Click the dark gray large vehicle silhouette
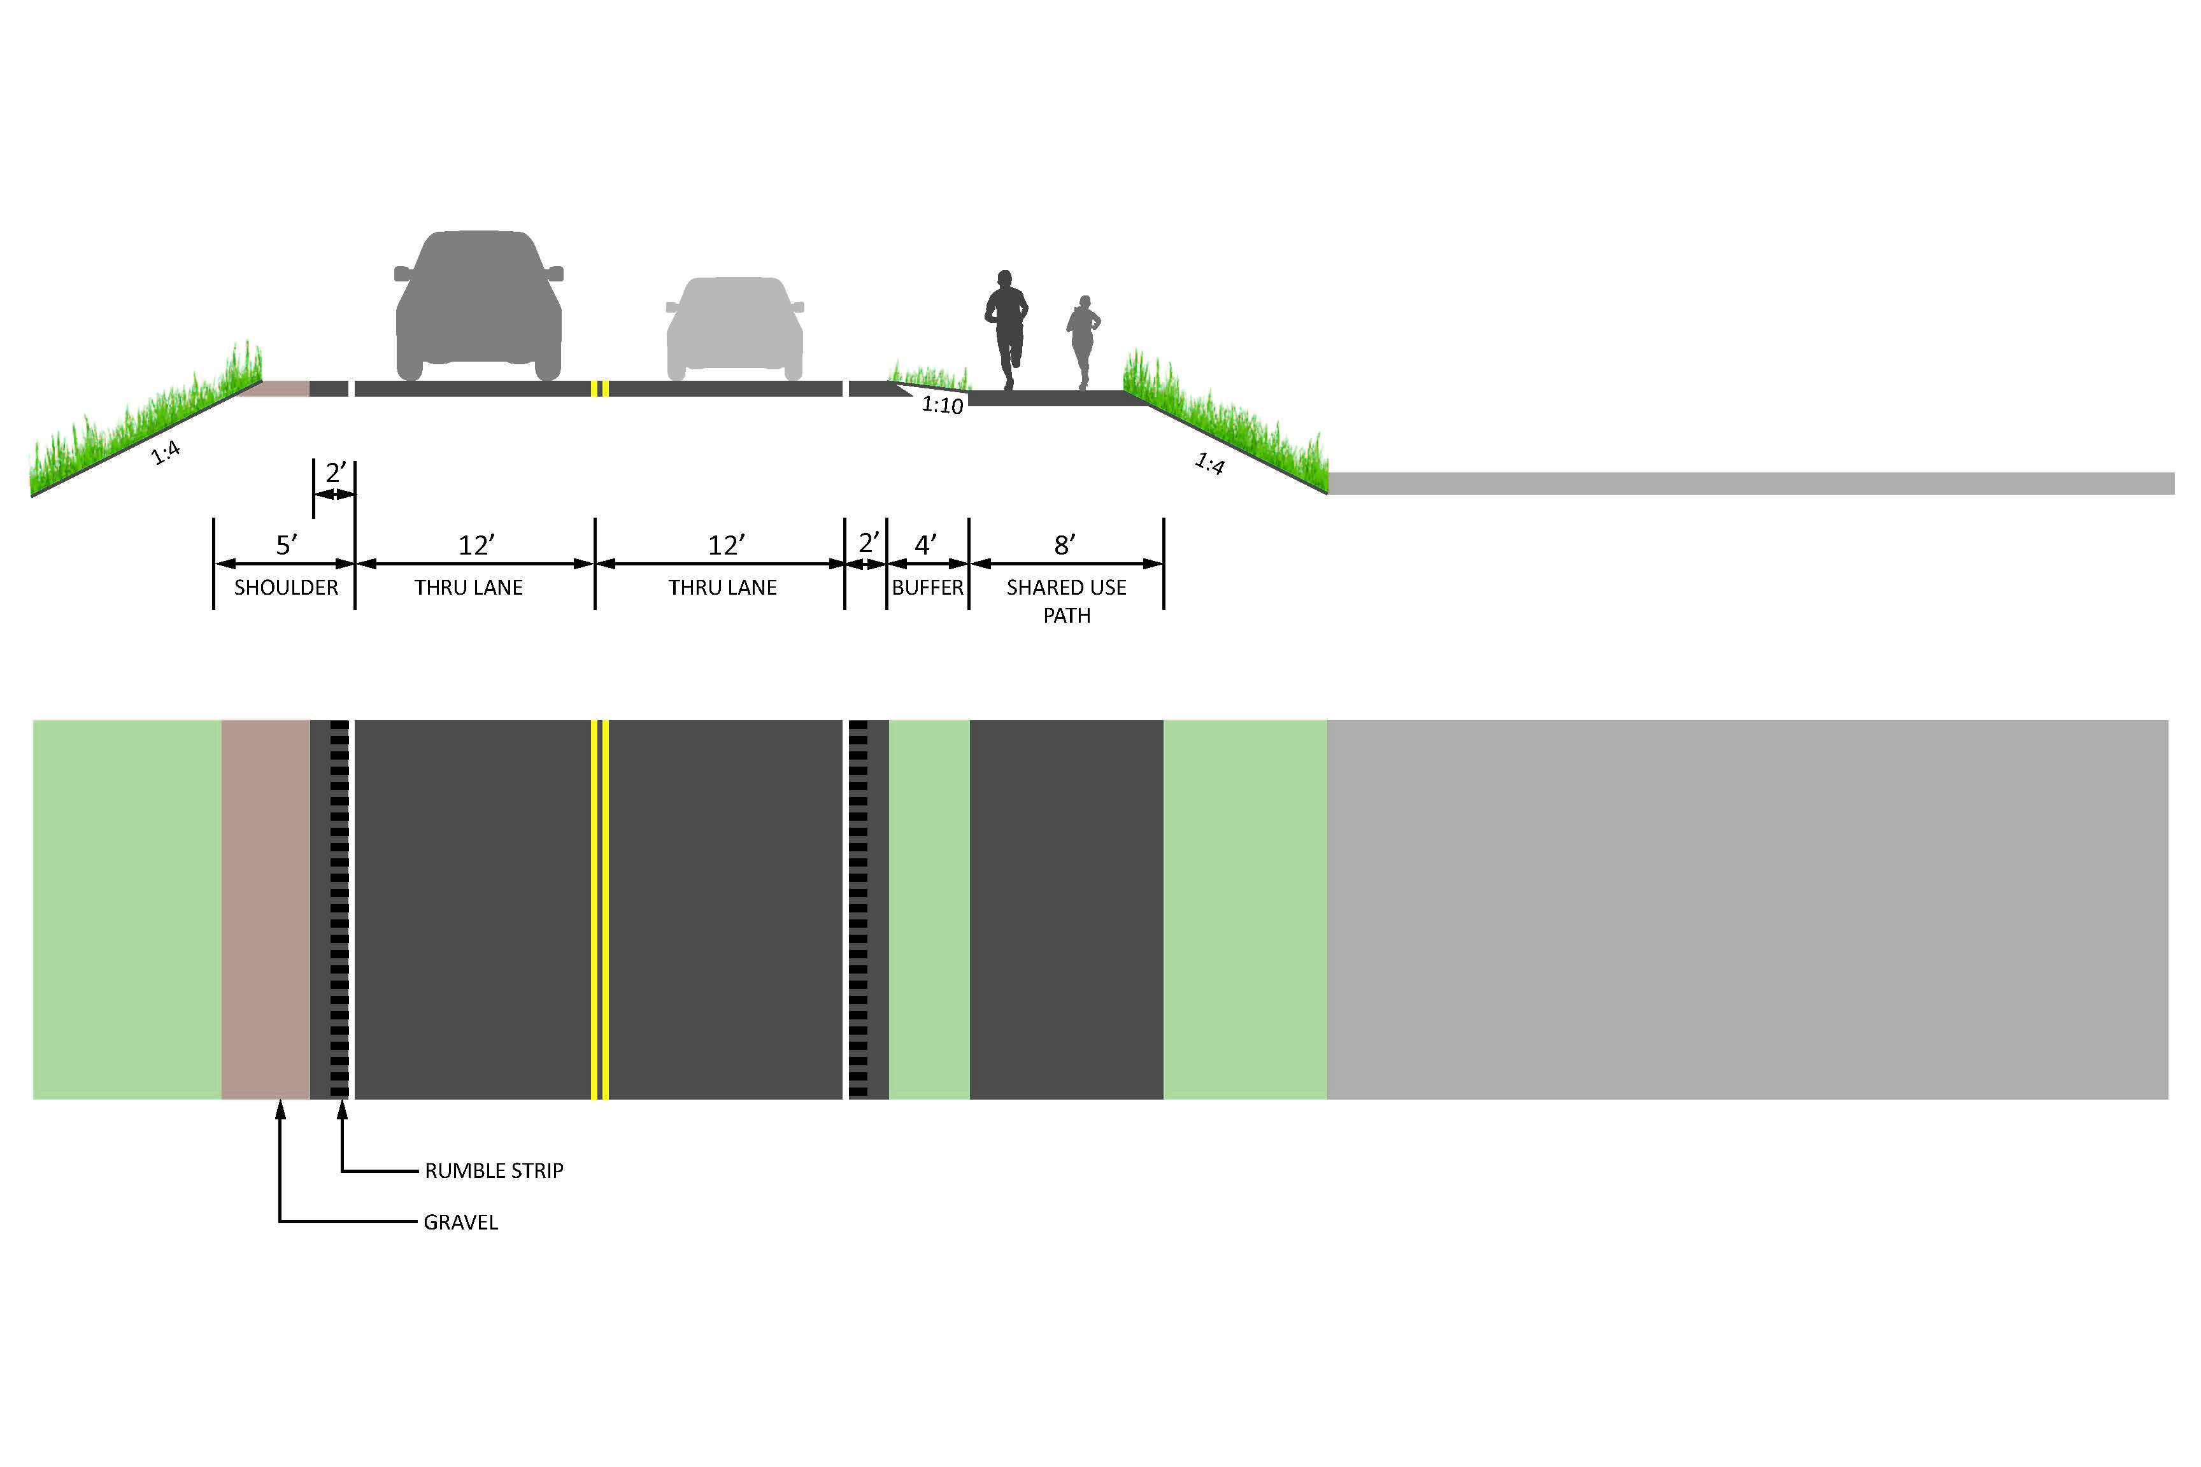coord(478,304)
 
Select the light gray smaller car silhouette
coord(734,327)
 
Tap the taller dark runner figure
coord(1006,327)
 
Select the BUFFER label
coord(927,588)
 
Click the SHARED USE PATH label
coord(1066,600)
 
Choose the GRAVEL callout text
coord(460,1222)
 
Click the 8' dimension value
coord(1064,544)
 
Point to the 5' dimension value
coord(287,544)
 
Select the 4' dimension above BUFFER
coord(925,544)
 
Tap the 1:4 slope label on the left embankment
coord(166,453)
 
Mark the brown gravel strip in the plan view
coord(265,907)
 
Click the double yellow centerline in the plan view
coord(600,907)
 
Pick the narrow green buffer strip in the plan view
coord(929,907)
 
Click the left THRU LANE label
coord(468,588)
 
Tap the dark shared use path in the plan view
coord(1066,907)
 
